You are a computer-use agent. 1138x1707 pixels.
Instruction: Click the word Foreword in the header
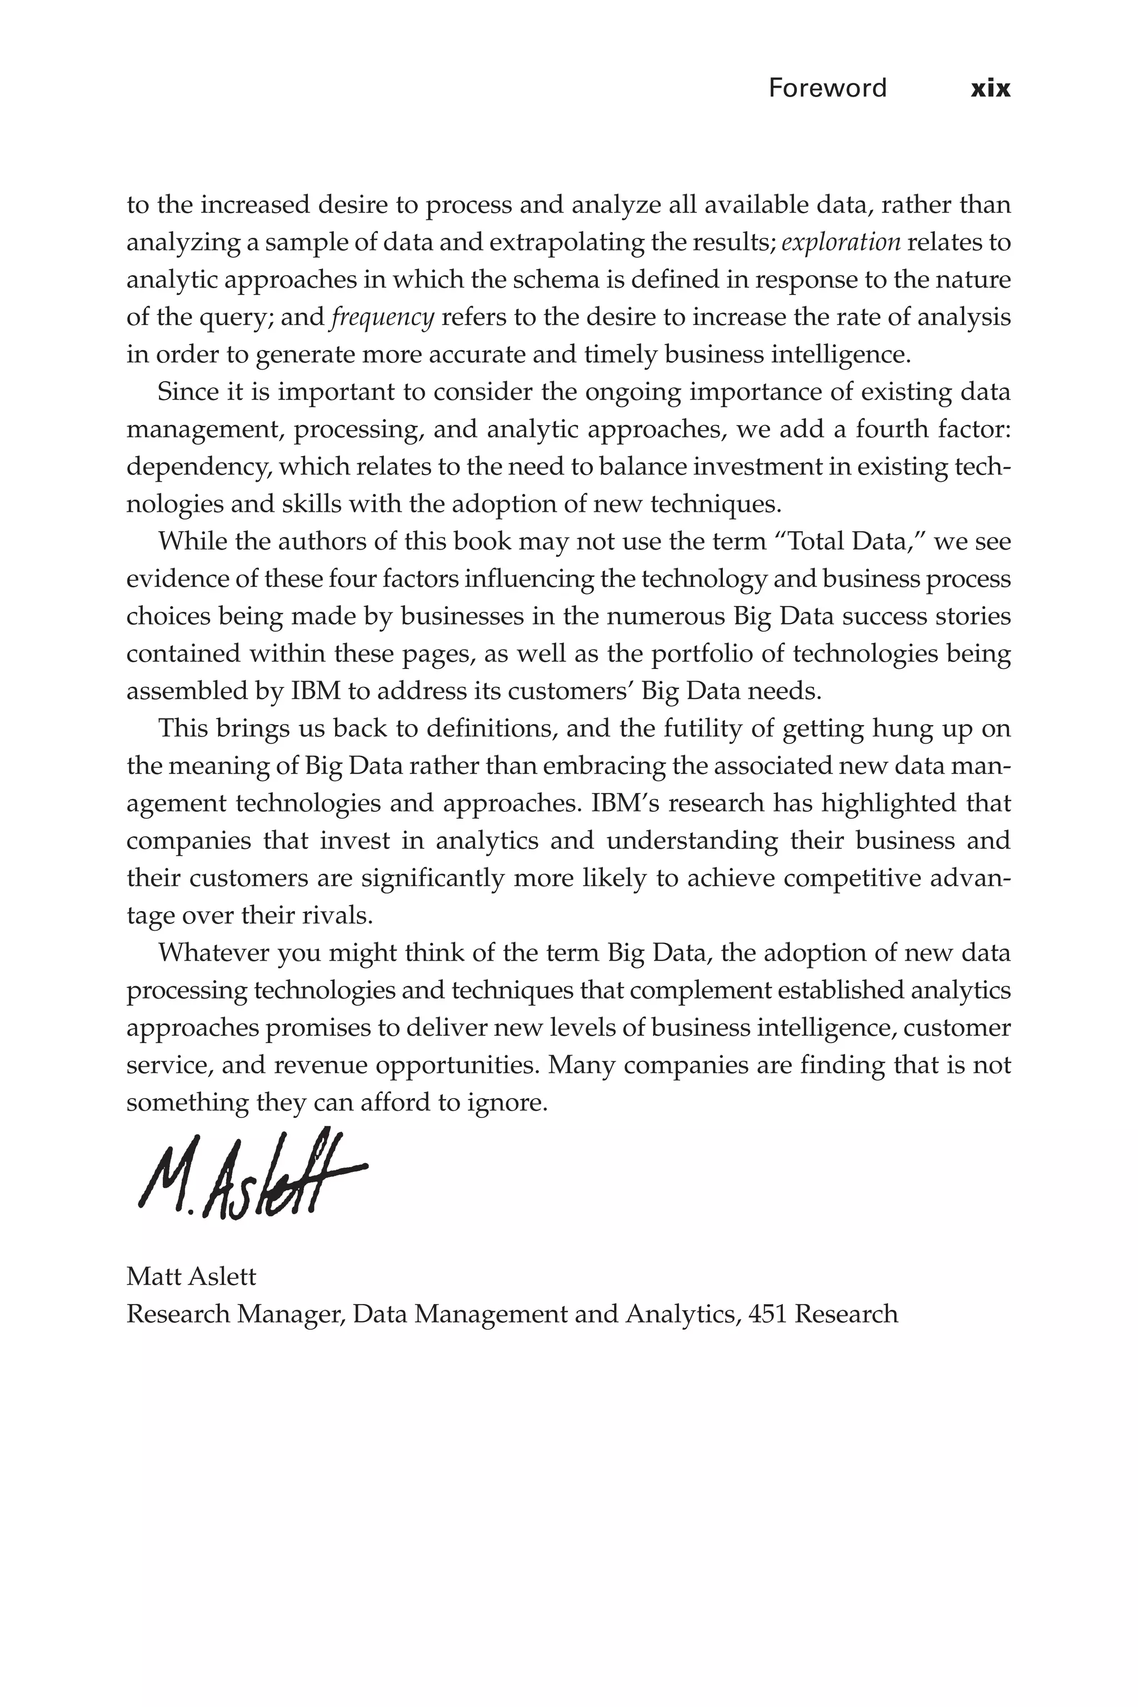point(827,88)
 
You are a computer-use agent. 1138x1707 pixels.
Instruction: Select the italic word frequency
point(382,318)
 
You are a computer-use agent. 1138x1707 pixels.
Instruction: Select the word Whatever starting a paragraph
point(213,952)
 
